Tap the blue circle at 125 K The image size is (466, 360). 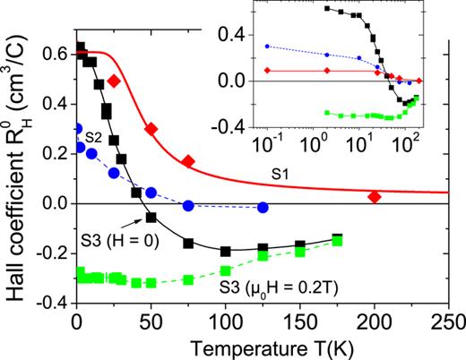point(263,208)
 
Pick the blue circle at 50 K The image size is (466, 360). point(151,193)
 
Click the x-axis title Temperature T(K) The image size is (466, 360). point(263,347)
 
